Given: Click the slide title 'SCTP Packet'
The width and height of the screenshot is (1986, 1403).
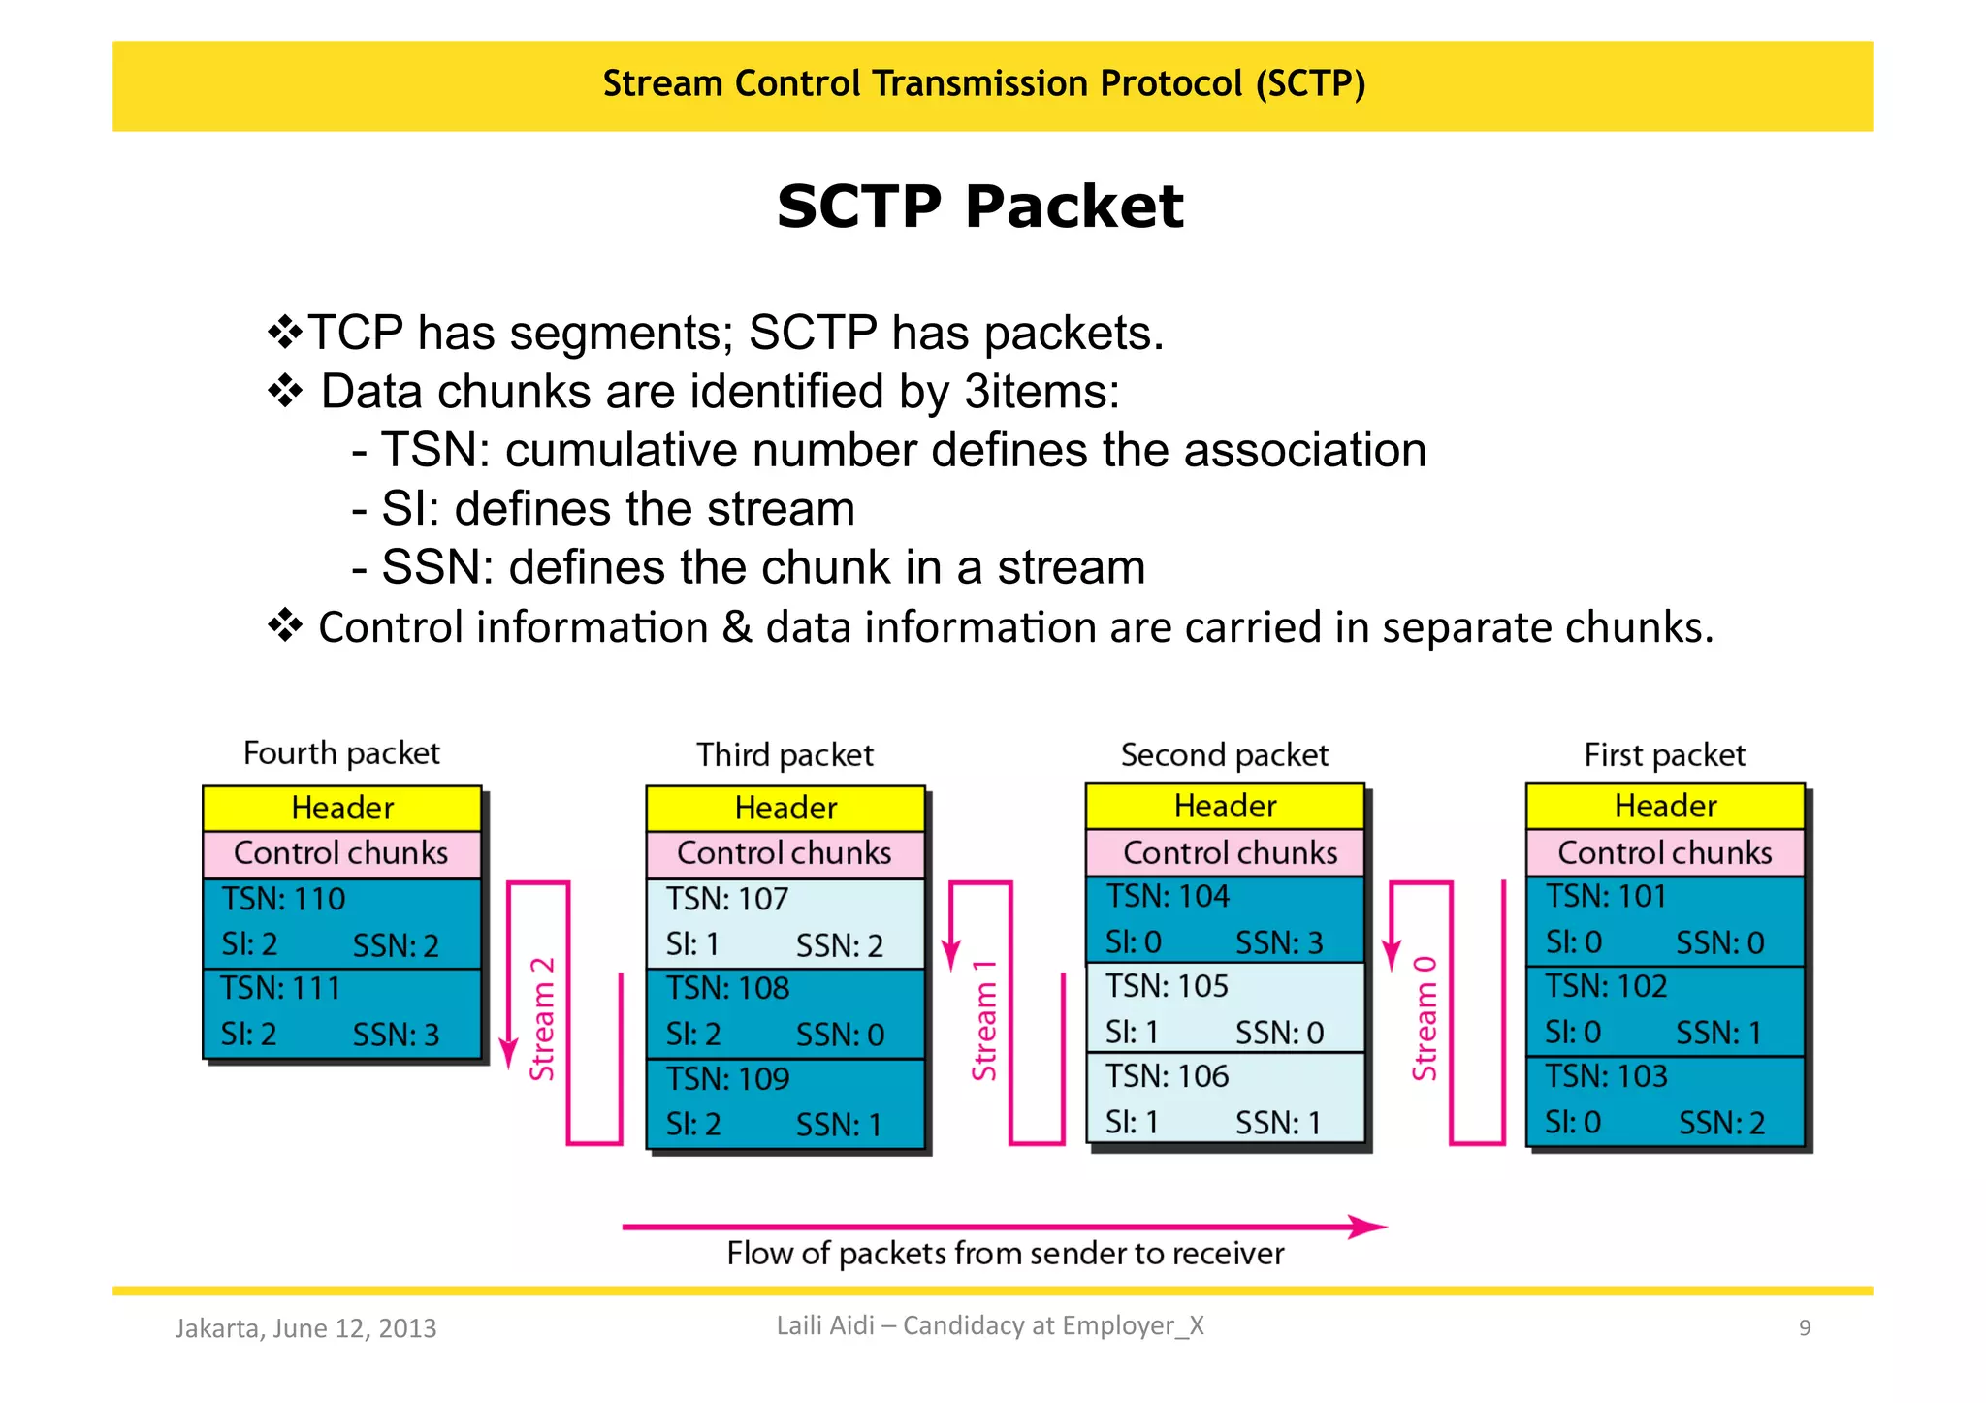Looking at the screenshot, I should point(979,207).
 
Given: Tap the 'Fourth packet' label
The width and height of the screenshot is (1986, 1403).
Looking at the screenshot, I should point(341,753).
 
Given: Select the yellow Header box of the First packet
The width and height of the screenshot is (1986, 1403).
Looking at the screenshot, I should point(1664,806).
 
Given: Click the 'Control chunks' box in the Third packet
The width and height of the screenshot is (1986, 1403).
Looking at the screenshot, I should point(784,853).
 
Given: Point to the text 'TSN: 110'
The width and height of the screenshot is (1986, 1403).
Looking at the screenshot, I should point(283,899).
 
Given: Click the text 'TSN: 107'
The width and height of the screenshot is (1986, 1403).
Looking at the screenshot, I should point(726,899).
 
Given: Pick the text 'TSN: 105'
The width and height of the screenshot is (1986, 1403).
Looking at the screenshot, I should point(1167,986).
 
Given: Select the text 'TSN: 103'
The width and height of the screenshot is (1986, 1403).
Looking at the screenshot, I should point(1606,1076).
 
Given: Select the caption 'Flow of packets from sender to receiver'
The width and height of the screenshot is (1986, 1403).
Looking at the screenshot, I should point(1005,1254).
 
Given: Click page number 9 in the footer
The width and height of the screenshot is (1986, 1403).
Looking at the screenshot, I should point(1804,1328).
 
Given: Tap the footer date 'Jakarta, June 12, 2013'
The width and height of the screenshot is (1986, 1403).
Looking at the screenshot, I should point(305,1328).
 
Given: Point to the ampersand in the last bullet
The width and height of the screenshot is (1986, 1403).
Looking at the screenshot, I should point(736,627).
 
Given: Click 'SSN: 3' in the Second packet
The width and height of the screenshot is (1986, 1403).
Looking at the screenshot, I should point(1278,943).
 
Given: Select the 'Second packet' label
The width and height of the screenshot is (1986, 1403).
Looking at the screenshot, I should point(1224,755).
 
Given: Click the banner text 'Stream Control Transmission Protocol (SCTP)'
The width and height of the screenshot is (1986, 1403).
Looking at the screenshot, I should point(983,84).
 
